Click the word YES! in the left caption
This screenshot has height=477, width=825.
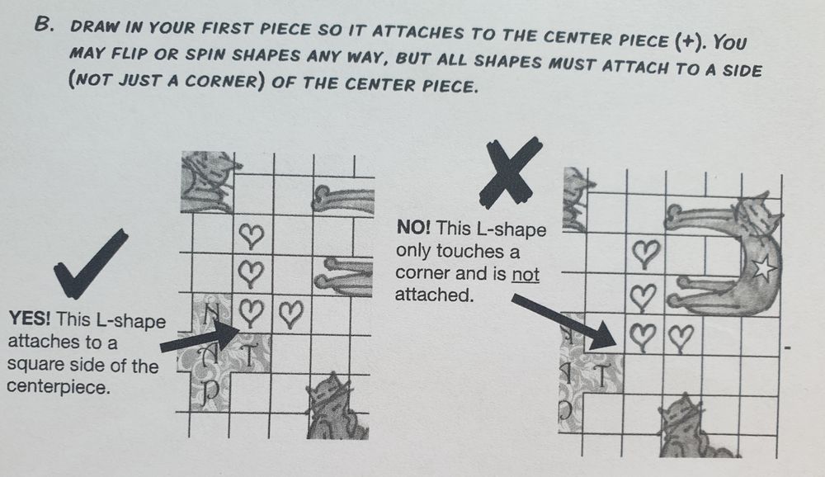pos(30,319)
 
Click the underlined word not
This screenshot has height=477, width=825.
pos(525,274)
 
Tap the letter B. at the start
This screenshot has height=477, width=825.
pos(45,25)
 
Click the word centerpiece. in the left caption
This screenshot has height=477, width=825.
pos(58,387)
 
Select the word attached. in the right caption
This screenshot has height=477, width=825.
pos(434,295)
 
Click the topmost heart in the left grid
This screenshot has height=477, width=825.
pos(251,236)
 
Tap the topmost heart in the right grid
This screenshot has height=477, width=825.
pos(645,254)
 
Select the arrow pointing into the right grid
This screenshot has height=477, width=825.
pos(564,322)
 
